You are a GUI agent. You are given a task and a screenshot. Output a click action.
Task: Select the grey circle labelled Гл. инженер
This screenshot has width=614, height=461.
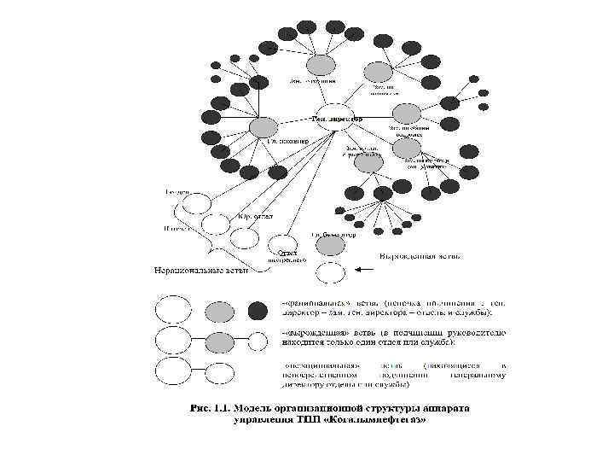tap(264, 127)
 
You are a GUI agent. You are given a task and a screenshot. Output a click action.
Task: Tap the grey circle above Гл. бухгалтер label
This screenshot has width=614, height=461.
tap(331, 246)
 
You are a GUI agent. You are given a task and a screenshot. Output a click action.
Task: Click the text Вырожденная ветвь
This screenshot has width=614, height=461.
tap(420, 255)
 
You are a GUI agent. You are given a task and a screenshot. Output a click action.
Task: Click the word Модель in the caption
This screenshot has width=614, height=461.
tap(259, 408)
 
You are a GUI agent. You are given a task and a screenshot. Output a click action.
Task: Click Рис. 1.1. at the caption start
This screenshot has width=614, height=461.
tap(211, 408)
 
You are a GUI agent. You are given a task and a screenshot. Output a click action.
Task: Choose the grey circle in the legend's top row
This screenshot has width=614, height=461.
tap(211, 309)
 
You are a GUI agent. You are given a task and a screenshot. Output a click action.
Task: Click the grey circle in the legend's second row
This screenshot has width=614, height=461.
tap(219, 341)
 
